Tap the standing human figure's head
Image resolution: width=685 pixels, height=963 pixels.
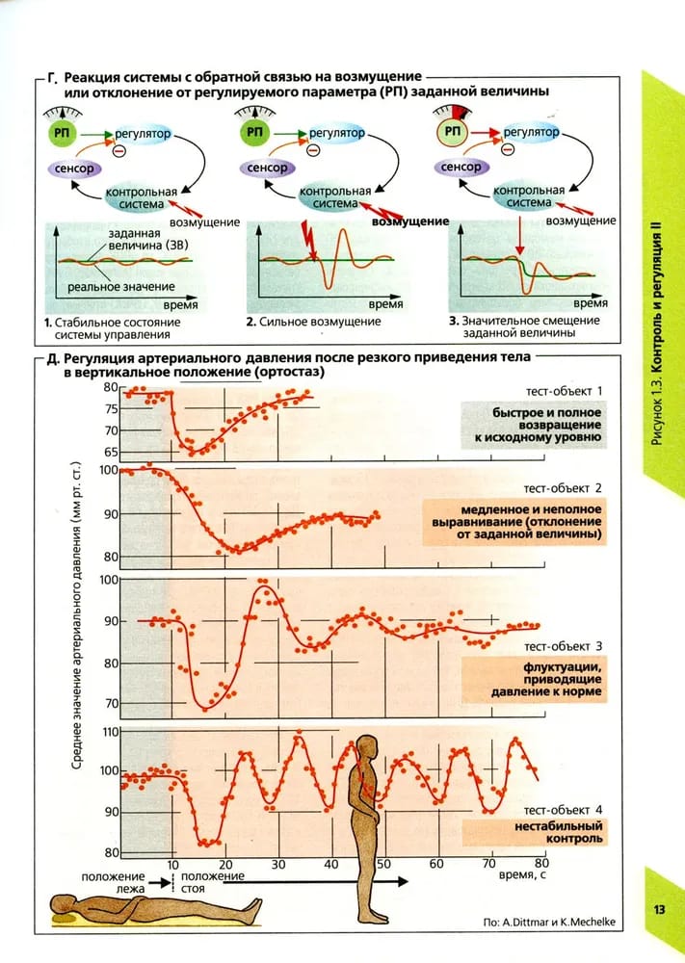coord(368,750)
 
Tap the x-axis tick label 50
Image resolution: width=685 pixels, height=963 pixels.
coord(383,863)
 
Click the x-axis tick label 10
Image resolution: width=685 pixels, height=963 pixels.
coord(172,863)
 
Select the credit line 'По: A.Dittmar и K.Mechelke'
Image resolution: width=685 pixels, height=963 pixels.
coord(550,922)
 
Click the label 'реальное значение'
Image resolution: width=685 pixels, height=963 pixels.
coord(128,286)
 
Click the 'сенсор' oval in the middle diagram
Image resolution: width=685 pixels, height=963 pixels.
coord(268,169)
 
